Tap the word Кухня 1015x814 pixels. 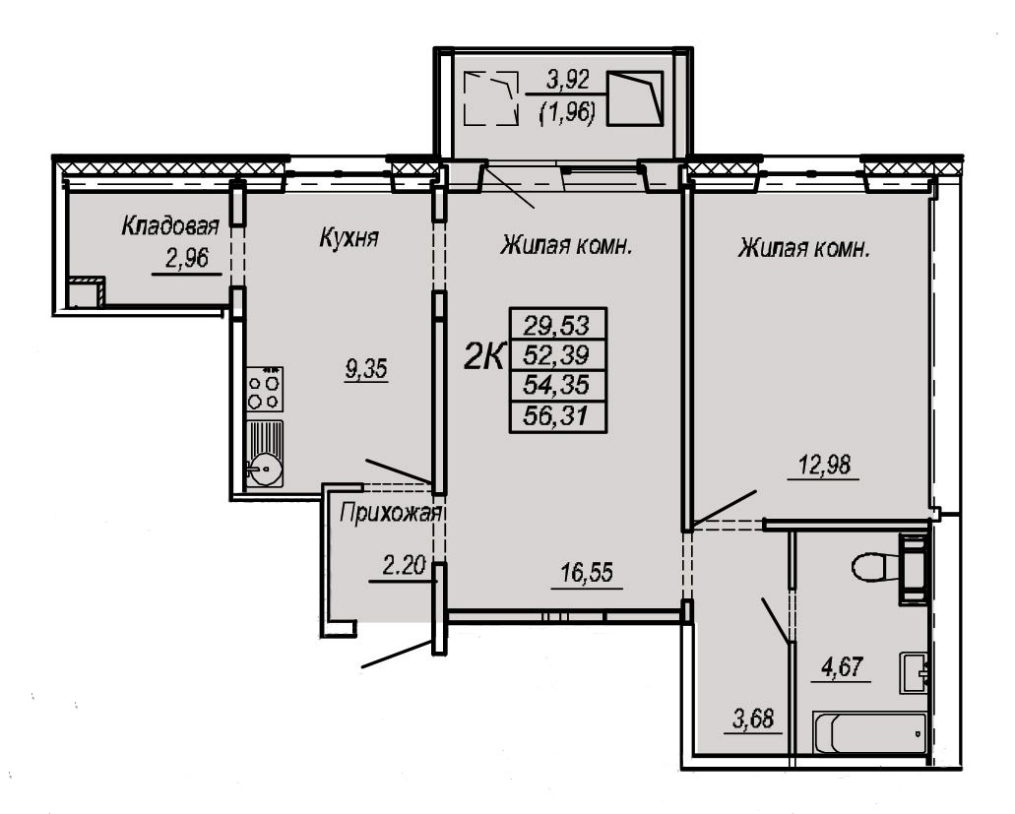349,238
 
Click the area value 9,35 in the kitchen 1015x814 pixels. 366,369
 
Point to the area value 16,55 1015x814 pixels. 587,573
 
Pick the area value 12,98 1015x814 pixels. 824,465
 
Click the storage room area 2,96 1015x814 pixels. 187,259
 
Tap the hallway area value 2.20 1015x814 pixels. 404,567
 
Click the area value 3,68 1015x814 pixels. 753,719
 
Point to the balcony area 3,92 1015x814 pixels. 568,81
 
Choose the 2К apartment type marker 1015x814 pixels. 483,356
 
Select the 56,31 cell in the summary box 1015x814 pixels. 557,416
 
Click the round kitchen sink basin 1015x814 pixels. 264,468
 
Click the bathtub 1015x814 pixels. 870,732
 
